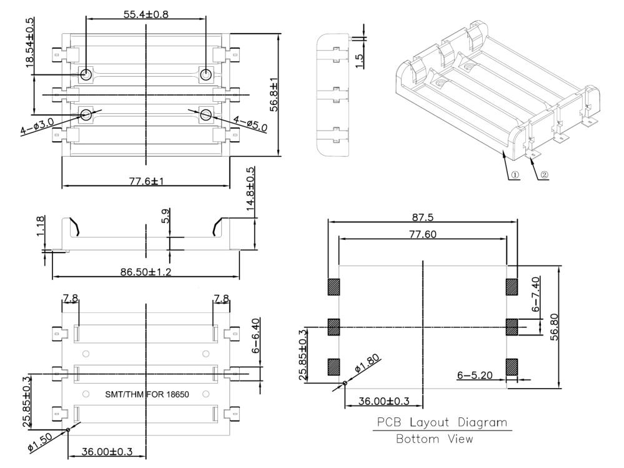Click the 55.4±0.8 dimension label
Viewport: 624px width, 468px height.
tap(146, 14)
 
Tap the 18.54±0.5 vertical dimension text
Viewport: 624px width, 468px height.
tap(30, 42)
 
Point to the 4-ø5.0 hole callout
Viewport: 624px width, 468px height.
tap(250, 124)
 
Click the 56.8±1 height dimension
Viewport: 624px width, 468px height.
tap(274, 94)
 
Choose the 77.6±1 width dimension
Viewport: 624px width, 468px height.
tap(146, 181)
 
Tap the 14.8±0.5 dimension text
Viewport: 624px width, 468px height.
tap(250, 189)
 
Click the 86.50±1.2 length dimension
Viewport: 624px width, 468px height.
tap(146, 272)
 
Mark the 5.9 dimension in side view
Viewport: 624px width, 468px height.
tap(166, 216)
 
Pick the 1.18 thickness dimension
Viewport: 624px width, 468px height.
tap(40, 226)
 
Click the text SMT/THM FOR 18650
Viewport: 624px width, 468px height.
tap(147, 394)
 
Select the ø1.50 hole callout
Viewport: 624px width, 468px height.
tap(40, 442)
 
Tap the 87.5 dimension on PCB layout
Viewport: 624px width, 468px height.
tap(423, 217)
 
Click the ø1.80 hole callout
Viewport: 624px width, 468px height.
tap(367, 363)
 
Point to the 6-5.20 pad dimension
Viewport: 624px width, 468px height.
tap(475, 375)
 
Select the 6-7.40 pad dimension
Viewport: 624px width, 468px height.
tap(536, 294)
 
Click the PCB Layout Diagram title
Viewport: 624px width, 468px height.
tap(442, 422)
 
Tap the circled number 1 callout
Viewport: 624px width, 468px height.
tap(514, 175)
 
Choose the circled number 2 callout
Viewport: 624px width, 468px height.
tap(544, 175)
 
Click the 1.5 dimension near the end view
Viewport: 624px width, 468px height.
tap(359, 61)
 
